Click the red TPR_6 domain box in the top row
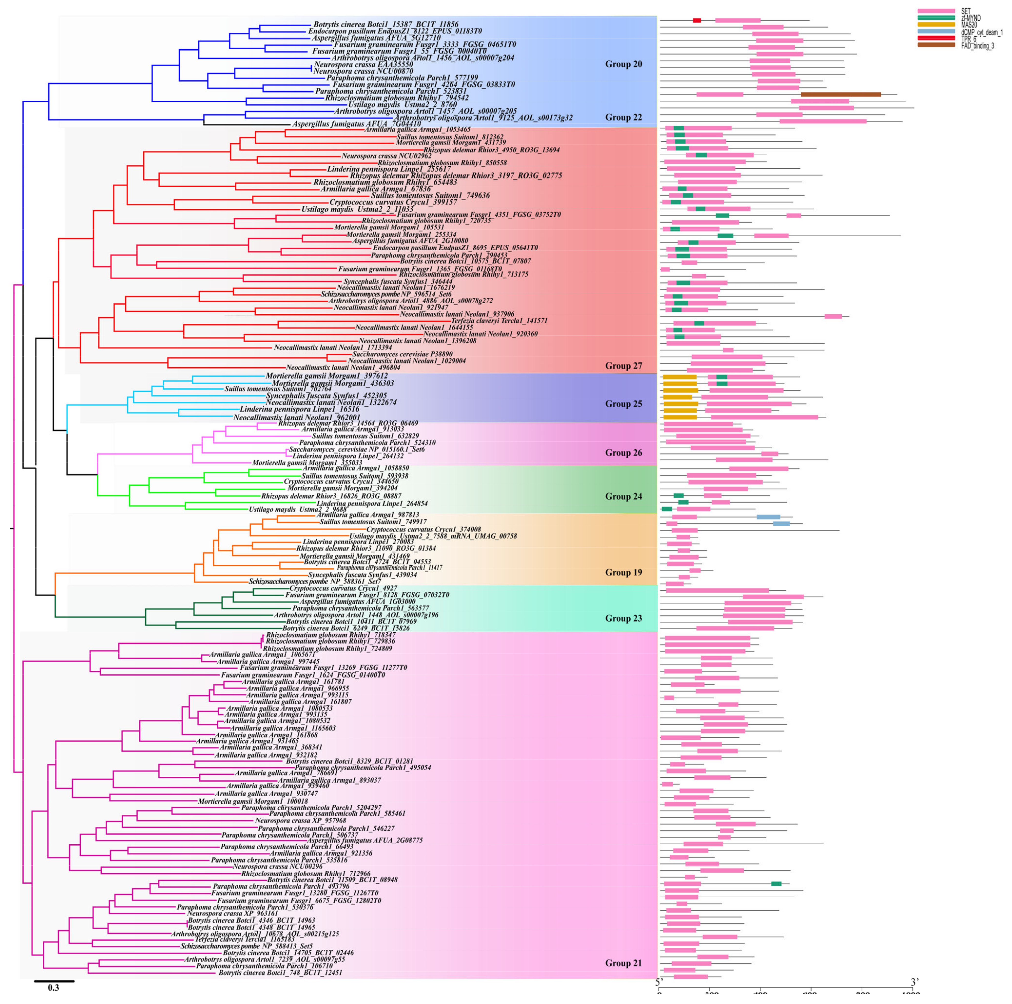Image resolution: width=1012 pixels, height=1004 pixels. coord(697,20)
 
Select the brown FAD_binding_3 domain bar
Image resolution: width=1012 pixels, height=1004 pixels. coord(841,94)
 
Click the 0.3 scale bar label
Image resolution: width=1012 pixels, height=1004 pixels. coord(53,988)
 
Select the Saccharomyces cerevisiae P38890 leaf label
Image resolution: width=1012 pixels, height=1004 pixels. coord(402,354)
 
